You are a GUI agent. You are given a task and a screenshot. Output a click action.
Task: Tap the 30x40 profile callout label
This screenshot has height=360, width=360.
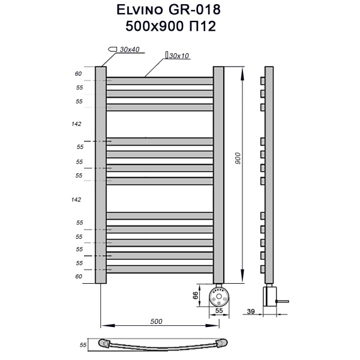129,49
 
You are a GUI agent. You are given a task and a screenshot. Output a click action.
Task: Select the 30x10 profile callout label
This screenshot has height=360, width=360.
179,56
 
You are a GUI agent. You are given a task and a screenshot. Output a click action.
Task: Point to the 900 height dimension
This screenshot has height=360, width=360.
238,158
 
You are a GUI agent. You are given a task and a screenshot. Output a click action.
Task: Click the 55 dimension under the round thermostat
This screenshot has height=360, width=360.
219,311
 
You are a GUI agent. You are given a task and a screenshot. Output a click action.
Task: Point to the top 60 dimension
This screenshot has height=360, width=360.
78,74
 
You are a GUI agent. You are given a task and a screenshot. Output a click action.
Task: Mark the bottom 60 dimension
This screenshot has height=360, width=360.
78,277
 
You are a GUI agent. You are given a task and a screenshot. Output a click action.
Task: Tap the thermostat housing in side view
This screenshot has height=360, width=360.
269,295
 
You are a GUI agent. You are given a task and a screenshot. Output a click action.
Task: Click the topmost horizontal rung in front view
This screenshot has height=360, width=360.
160,80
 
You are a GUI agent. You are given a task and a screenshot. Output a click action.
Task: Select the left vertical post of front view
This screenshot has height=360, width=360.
100,174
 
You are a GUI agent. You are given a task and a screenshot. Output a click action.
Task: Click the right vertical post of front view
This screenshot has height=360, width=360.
218,174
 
